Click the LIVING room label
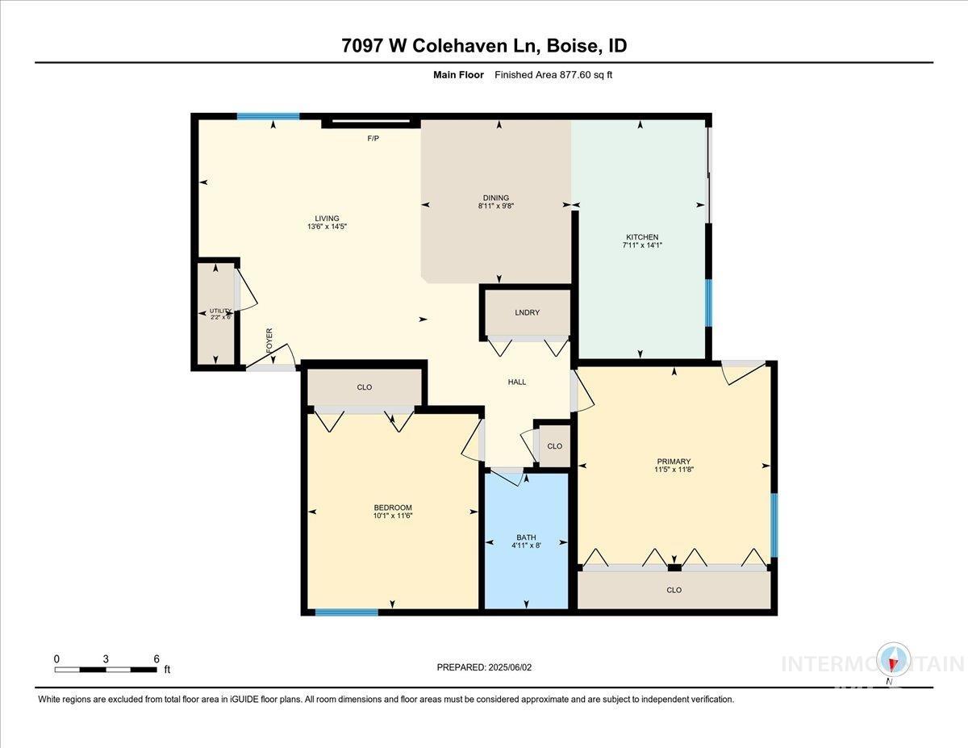click(x=327, y=218)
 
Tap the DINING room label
click(x=496, y=198)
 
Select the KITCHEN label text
click(x=642, y=236)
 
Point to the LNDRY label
click(x=527, y=313)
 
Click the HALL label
click(x=517, y=382)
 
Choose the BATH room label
click(x=526, y=537)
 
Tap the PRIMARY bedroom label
click(x=674, y=462)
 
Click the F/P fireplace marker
click(x=373, y=139)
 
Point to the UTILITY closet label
click(x=220, y=311)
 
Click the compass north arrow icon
click(x=893, y=662)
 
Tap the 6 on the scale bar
click(x=156, y=658)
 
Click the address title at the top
click(x=484, y=46)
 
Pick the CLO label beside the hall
click(x=554, y=446)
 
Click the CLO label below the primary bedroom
click(x=674, y=590)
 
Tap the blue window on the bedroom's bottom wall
click(x=346, y=612)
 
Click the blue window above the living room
click(x=269, y=116)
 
